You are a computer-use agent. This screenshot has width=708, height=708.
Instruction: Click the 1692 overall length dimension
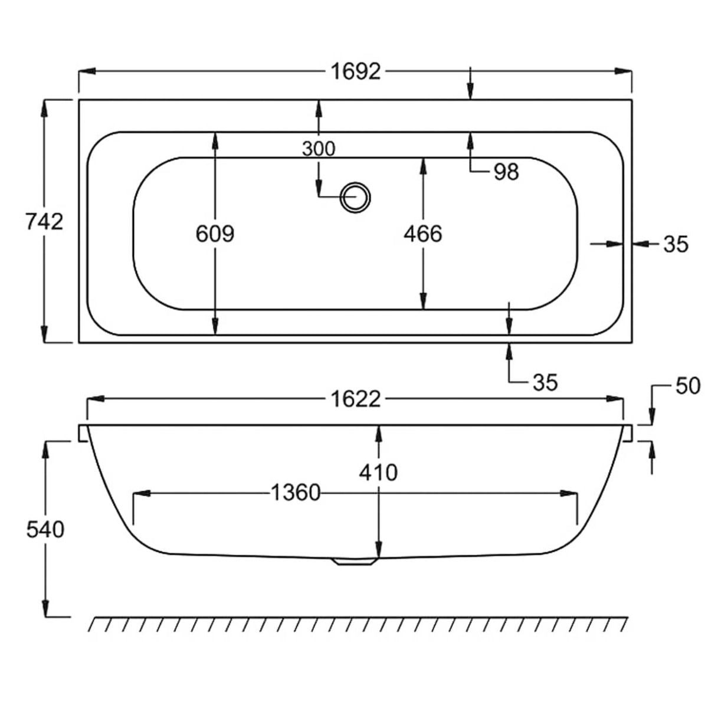(356, 72)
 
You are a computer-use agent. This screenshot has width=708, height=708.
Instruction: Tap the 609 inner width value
(215, 234)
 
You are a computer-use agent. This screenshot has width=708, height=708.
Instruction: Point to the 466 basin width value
(422, 234)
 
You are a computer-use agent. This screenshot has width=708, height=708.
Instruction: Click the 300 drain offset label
(318, 149)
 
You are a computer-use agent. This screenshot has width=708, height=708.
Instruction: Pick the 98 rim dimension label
(506, 172)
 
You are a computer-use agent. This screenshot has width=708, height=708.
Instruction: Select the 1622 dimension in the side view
(355, 399)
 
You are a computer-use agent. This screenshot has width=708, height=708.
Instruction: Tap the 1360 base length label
(294, 491)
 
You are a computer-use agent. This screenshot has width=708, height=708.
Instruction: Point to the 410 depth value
(379, 472)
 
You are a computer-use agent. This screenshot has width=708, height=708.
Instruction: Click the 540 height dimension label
(45, 530)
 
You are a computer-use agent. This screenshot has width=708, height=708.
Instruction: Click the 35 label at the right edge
(676, 244)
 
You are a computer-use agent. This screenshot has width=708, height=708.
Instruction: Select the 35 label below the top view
(545, 382)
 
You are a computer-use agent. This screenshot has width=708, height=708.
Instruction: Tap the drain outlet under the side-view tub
(355, 562)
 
